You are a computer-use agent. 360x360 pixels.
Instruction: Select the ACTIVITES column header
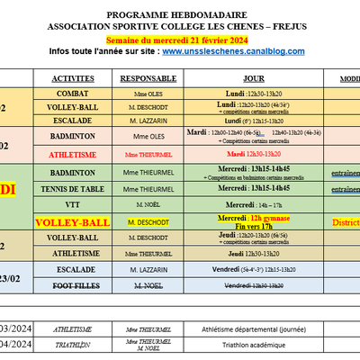point(73,79)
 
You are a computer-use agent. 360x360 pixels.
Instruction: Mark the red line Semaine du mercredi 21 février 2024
point(180,41)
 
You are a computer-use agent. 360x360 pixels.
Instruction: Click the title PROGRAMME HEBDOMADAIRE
point(180,16)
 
